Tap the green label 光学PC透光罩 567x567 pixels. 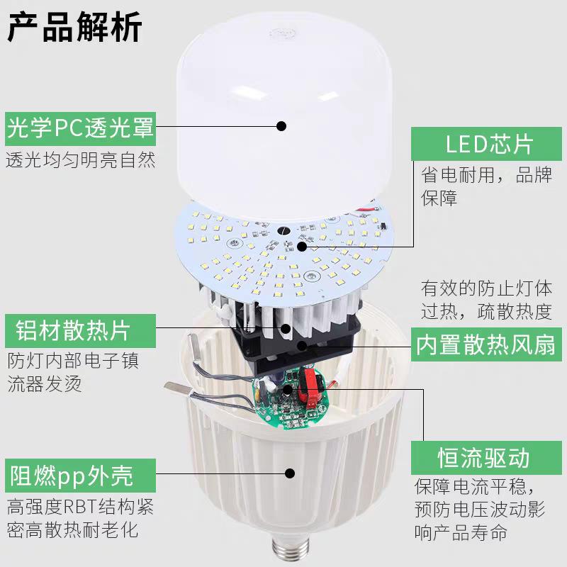80,128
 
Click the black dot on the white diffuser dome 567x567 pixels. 281,126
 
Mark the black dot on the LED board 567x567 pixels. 302,247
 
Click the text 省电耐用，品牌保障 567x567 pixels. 485,186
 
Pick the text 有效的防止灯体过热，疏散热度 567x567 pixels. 485,300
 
